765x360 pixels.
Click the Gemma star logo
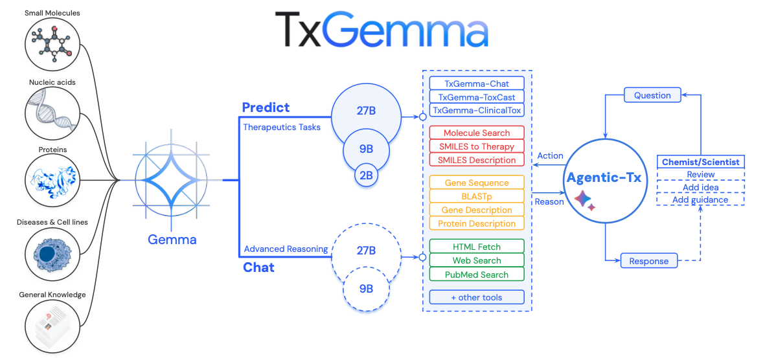[x=172, y=180]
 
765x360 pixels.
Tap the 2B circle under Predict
[x=366, y=175]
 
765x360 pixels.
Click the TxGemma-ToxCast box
[x=477, y=97]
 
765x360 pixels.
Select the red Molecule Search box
[x=477, y=133]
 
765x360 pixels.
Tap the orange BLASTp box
[x=477, y=196]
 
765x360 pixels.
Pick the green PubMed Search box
[x=477, y=275]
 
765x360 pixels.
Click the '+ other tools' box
[x=477, y=298]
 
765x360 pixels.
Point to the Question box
[x=652, y=95]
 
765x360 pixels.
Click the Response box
[x=649, y=261]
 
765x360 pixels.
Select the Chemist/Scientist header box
[x=700, y=162]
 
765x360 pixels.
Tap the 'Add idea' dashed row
[x=700, y=187]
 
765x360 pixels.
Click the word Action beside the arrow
[x=551, y=156]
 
